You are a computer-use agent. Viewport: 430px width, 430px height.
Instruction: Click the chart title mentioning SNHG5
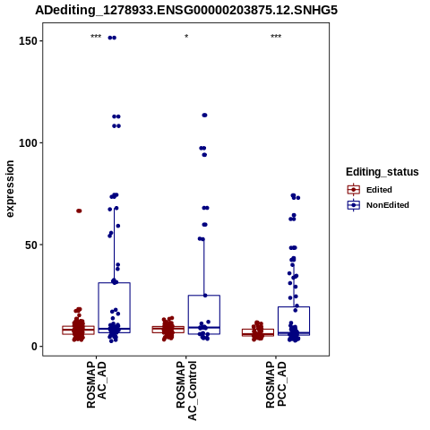pos(186,10)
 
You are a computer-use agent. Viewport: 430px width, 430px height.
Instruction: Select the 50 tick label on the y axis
pos(31,245)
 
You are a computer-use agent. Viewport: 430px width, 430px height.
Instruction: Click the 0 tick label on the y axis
pos(34,347)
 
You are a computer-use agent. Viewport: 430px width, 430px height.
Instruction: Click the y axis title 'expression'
pos(10,189)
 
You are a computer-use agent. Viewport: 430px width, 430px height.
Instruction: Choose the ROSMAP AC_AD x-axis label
pos(96,384)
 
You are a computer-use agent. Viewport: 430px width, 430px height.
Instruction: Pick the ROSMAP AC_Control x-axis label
pos(186,391)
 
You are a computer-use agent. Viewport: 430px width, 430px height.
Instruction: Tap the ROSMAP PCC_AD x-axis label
pos(276,384)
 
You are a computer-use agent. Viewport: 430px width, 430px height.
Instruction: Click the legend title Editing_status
pos(383,172)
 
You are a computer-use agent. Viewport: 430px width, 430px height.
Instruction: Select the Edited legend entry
pos(369,190)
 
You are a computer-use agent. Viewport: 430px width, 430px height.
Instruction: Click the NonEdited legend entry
pos(378,205)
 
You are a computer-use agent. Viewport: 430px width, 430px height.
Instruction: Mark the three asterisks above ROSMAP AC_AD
pos(96,37)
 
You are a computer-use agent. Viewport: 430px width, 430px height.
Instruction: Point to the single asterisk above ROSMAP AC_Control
pos(186,37)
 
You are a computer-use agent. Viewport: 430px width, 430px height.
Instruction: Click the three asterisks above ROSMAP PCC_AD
pos(276,37)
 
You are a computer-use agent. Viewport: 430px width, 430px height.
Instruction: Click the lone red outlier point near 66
pos(79,211)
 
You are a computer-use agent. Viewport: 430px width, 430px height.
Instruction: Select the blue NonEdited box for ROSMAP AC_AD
pos(114,282)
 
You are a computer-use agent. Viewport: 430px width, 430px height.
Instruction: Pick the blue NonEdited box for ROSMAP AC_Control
pos(204,296)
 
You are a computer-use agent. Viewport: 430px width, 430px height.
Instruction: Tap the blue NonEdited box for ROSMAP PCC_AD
pos(294,306)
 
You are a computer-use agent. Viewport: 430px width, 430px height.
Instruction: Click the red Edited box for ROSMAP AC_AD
pos(78,326)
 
